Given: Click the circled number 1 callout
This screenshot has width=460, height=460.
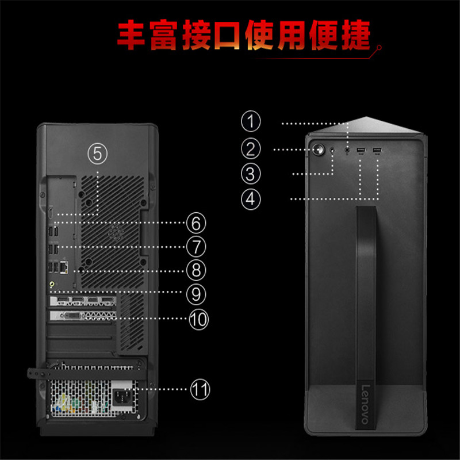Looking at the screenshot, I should [250, 122].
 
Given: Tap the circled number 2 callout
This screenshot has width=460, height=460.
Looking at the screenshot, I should [250, 149].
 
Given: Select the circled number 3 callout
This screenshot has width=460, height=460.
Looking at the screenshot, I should [250, 173].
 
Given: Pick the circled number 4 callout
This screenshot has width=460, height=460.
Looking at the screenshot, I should [250, 200].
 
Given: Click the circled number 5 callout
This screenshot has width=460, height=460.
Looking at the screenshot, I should [97, 153].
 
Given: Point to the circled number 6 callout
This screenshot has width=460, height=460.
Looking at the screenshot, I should [195, 222].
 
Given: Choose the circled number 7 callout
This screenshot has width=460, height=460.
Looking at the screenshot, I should [195, 247].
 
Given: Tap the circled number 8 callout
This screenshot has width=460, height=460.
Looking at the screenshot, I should [195, 270].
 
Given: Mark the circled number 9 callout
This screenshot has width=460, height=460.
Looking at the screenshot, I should [195, 294].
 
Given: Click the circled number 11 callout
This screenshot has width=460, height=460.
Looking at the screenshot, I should [198, 390].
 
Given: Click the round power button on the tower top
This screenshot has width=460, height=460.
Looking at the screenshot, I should [319, 149].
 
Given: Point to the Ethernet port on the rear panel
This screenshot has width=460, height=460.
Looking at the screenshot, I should [65, 267].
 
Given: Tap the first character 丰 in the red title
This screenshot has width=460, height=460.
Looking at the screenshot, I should [133, 36].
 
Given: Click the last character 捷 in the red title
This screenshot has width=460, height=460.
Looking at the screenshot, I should [358, 36].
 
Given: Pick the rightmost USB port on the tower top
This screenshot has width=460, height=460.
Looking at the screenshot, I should [377, 151].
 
